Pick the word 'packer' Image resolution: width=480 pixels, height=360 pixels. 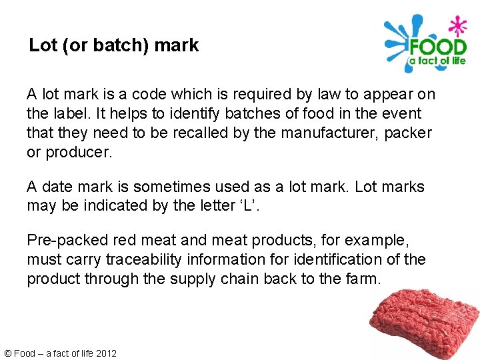click(408, 133)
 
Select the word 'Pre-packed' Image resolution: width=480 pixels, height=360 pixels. click(67, 239)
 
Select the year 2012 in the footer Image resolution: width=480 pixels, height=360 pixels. click(106, 353)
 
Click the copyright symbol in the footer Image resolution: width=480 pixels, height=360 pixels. click(8, 353)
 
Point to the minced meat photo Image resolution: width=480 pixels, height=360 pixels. click(425, 323)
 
